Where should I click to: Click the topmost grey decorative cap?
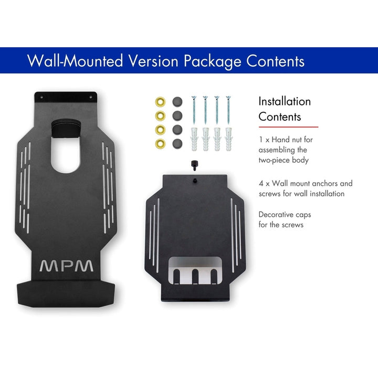pyautogui.click(x=177, y=101)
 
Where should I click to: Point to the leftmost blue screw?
pyautogui.click(x=194, y=110)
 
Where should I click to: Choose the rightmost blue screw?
pyautogui.click(x=228, y=110)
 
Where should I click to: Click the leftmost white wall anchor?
pyautogui.click(x=194, y=139)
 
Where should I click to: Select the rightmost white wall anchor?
pyautogui.click(x=228, y=139)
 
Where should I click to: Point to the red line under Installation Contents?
pyautogui.click(x=288, y=127)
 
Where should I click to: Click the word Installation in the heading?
pyautogui.click(x=285, y=101)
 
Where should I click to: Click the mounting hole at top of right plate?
pyautogui.click(x=195, y=181)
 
